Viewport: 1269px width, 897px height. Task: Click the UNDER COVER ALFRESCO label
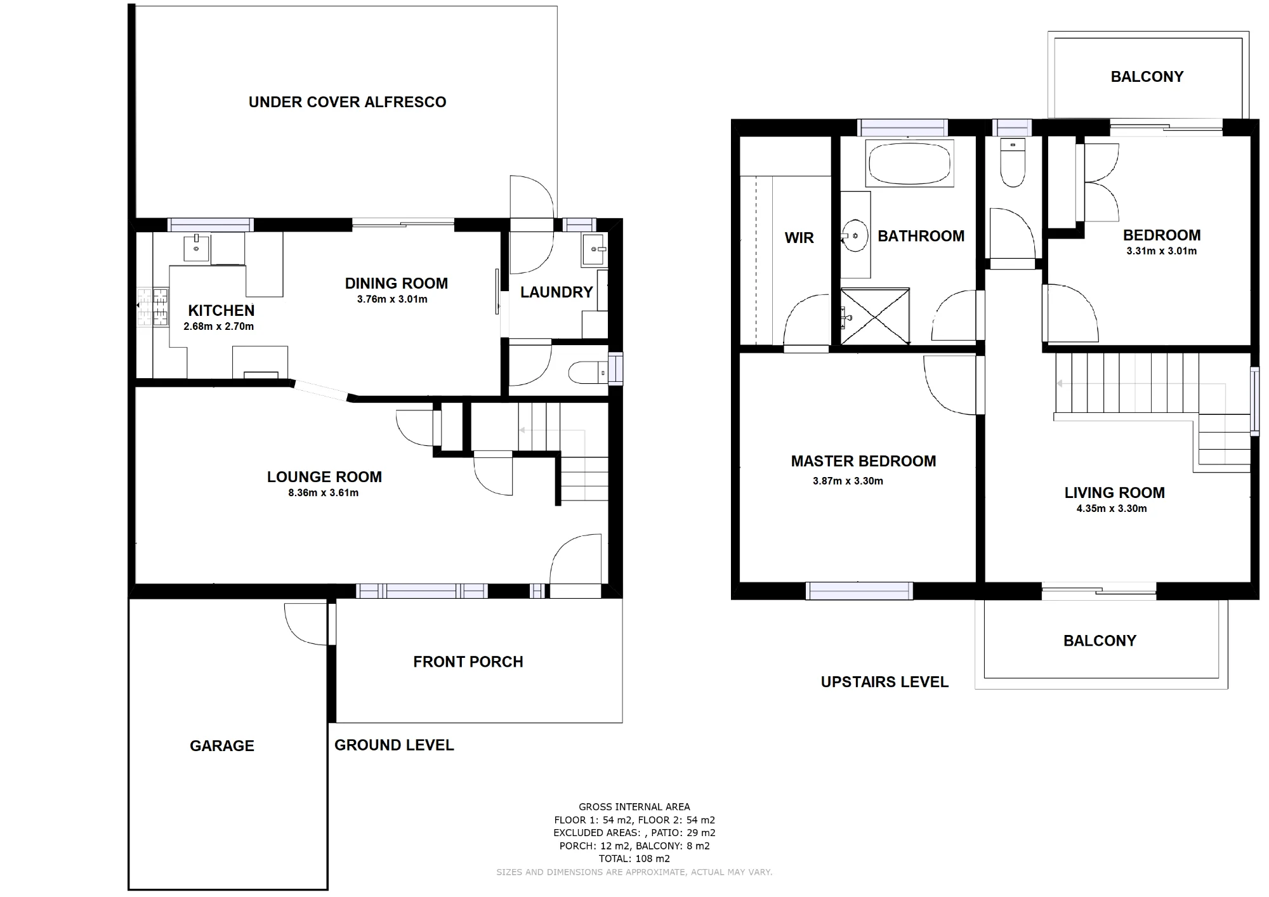(347, 102)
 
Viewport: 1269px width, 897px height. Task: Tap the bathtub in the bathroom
(910, 163)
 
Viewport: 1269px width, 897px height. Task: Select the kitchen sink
(196, 247)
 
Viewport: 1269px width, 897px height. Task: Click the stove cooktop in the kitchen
(153, 308)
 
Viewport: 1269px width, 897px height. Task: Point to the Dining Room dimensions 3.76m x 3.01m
(392, 299)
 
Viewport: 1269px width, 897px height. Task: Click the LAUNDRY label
(556, 292)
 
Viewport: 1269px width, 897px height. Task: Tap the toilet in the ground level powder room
(588, 372)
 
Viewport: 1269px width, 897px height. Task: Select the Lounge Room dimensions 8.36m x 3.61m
(323, 493)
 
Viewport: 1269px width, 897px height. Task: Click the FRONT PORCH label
(468, 662)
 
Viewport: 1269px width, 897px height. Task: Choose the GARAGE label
(222, 746)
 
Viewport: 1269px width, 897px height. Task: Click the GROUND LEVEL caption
(394, 745)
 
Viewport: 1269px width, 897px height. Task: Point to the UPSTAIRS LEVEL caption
(884, 683)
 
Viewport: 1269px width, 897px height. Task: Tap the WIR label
(799, 238)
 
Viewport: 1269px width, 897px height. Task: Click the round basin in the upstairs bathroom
(855, 236)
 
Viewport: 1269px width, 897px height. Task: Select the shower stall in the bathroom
(875, 316)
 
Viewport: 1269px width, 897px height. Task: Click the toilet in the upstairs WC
(1013, 162)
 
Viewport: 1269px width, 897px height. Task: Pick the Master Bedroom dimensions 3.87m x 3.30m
(848, 481)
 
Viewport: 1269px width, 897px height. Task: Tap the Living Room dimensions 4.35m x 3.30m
(1112, 509)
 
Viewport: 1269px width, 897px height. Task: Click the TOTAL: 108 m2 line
(634, 859)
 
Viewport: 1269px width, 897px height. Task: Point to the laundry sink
(595, 249)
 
